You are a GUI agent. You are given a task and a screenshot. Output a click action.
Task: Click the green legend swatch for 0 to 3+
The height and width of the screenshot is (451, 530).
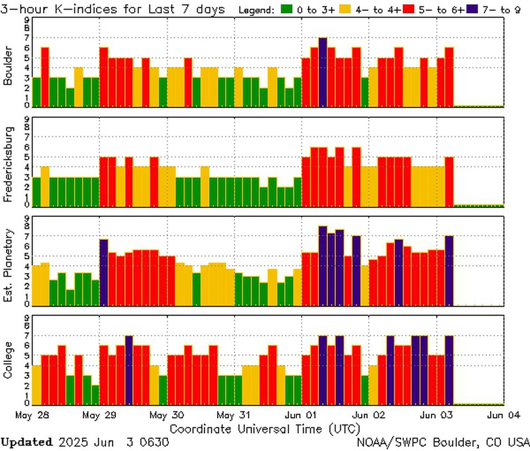point(287,9)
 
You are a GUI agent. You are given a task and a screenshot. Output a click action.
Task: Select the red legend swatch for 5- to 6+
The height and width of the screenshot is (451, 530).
point(409,9)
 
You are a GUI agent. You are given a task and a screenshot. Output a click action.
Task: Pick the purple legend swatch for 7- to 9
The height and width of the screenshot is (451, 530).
point(471,9)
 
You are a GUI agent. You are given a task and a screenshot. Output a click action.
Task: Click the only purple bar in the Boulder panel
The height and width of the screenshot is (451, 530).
point(323,72)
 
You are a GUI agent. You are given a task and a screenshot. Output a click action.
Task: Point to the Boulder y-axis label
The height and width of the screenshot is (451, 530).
point(8,66)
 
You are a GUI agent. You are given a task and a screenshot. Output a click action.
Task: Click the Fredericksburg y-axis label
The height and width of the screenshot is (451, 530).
point(8,164)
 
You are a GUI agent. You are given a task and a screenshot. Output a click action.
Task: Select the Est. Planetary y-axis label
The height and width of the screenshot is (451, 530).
point(8,265)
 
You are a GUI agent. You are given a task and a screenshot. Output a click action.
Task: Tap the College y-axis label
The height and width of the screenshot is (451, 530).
point(8,360)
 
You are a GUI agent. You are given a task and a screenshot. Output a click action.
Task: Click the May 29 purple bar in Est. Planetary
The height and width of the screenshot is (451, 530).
point(104,272)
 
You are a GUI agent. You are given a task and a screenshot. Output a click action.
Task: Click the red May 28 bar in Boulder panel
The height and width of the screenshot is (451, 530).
point(45,77)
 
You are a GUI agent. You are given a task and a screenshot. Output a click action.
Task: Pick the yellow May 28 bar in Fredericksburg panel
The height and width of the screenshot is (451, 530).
point(45,186)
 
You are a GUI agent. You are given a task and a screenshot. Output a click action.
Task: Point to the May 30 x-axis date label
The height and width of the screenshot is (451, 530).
point(167,416)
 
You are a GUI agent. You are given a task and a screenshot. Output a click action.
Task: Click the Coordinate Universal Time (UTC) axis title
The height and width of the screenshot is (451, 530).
point(265,429)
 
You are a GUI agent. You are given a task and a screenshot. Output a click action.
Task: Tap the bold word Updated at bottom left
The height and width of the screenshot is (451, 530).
point(26,442)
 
